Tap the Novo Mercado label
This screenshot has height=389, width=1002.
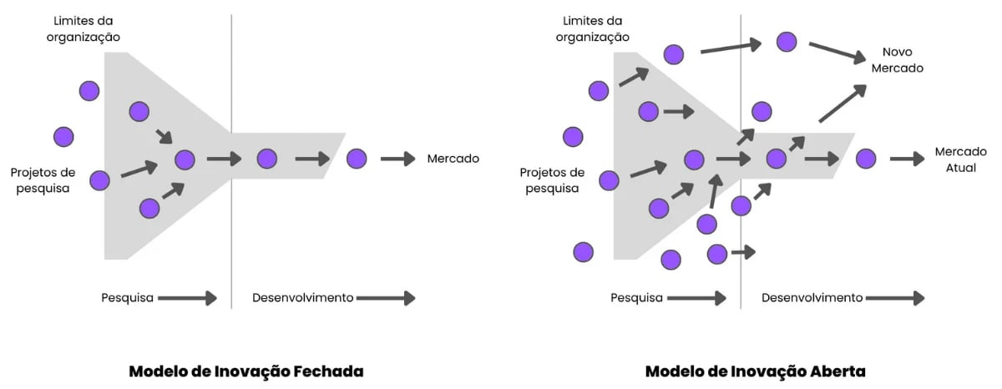[x=897, y=60]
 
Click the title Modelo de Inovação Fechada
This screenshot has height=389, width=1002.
[x=246, y=371]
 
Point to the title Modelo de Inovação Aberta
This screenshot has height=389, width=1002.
[x=756, y=371]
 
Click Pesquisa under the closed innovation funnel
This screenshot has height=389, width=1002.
[x=127, y=298]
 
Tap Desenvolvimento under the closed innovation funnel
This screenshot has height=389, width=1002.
[x=302, y=298]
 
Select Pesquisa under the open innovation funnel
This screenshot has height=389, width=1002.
[x=636, y=298]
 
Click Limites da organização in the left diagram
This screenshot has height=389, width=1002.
[x=83, y=28]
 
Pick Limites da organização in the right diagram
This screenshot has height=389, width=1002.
[x=593, y=28]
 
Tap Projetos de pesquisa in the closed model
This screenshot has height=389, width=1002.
[x=43, y=180]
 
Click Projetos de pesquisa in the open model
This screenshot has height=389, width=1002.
[x=552, y=180]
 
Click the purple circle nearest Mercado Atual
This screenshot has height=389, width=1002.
[x=866, y=159]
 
